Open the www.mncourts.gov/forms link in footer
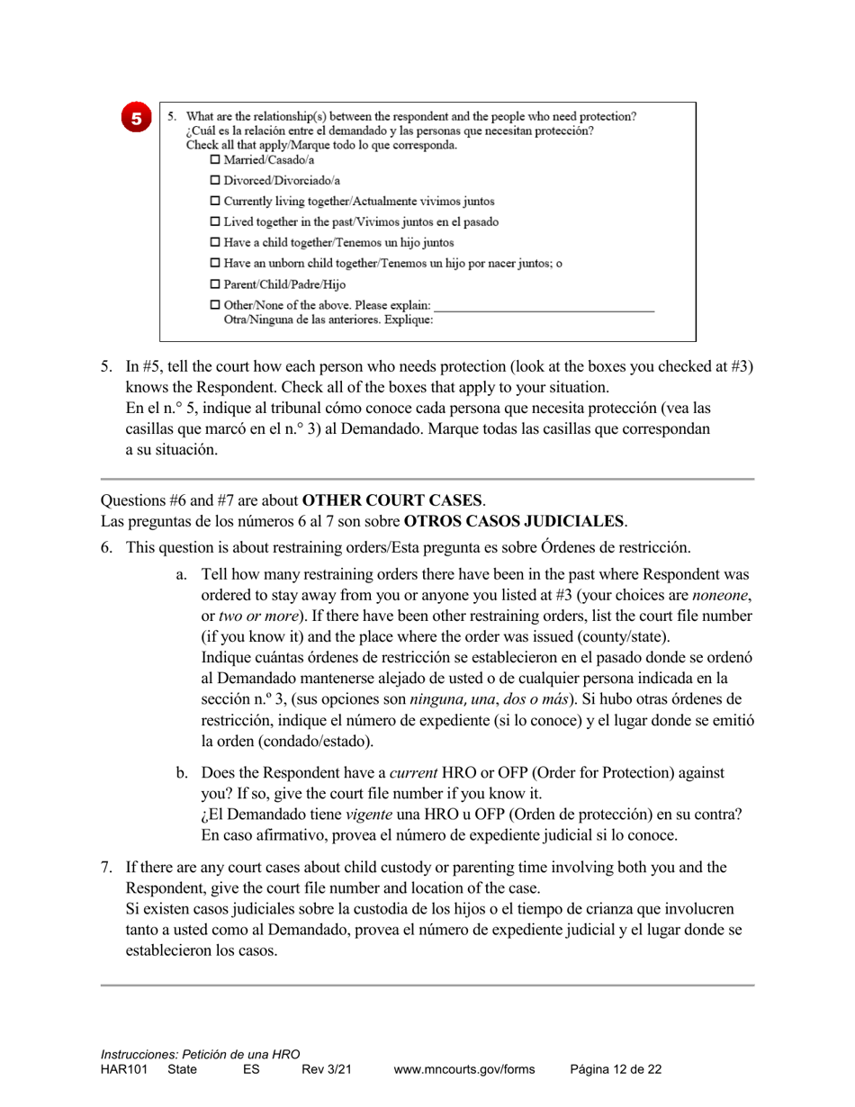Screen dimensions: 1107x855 tap(464, 1070)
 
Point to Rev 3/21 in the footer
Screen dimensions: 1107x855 tap(326, 1070)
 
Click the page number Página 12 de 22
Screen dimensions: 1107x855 tap(616, 1070)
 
